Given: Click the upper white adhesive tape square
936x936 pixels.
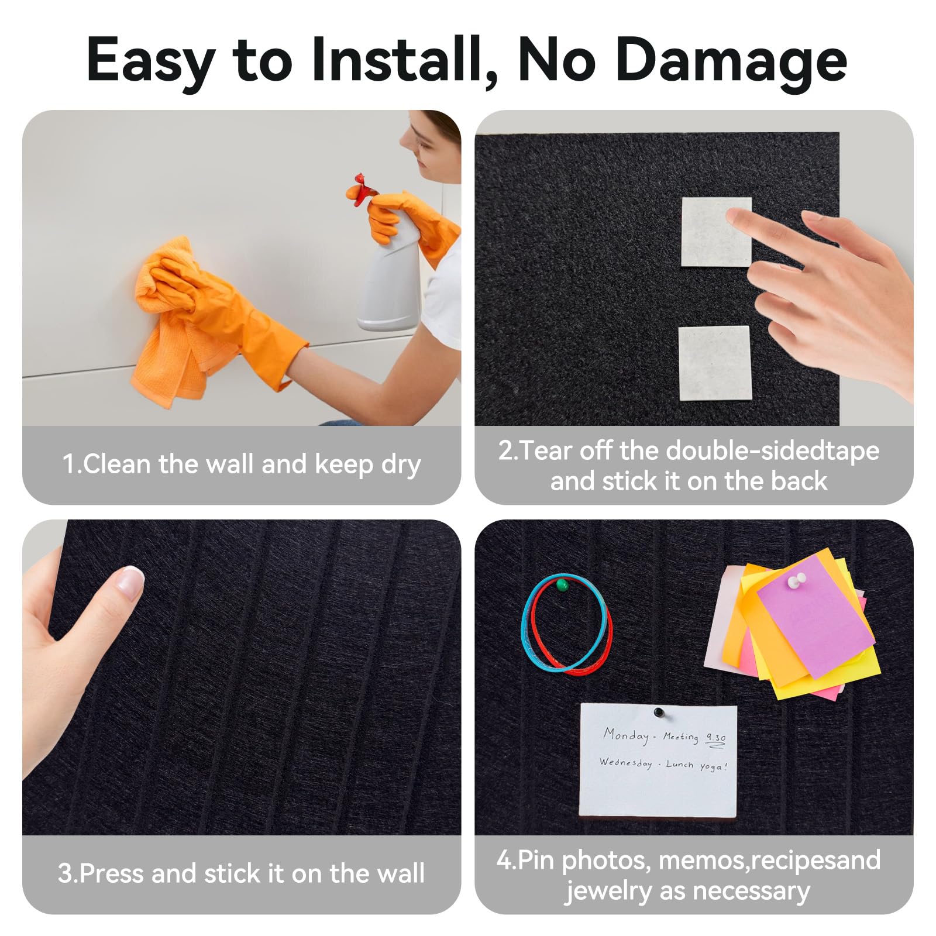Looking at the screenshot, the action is click(x=716, y=232).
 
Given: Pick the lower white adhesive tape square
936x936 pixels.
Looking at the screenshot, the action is click(x=714, y=363).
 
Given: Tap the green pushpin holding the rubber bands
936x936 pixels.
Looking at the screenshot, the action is click(x=562, y=584).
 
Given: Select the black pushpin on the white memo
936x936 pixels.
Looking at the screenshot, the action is click(x=659, y=713).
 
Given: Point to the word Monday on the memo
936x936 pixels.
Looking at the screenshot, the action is click(x=627, y=735).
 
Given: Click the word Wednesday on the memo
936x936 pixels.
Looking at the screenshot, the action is click(x=625, y=763).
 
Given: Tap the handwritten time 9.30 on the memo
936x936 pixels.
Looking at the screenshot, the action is click(x=716, y=739).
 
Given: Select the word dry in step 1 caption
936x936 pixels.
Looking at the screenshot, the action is click(x=401, y=465).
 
